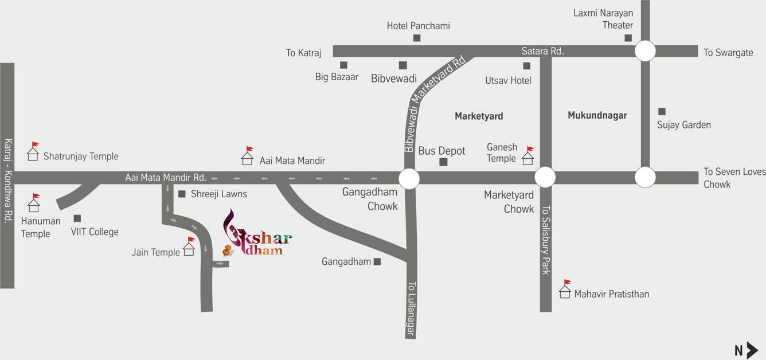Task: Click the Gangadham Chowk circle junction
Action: (409, 178)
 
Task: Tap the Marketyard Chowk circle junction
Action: (545, 177)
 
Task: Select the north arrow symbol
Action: (752, 350)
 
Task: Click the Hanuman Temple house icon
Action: (34, 204)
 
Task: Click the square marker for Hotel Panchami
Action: (417, 38)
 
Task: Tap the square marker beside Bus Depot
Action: (443, 162)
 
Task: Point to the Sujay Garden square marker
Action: (662, 111)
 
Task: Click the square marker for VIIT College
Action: (77, 218)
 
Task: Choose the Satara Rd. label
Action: (542, 52)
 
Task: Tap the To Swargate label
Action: (728, 53)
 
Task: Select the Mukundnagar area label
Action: (597, 115)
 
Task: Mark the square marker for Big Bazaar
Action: (343, 65)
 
